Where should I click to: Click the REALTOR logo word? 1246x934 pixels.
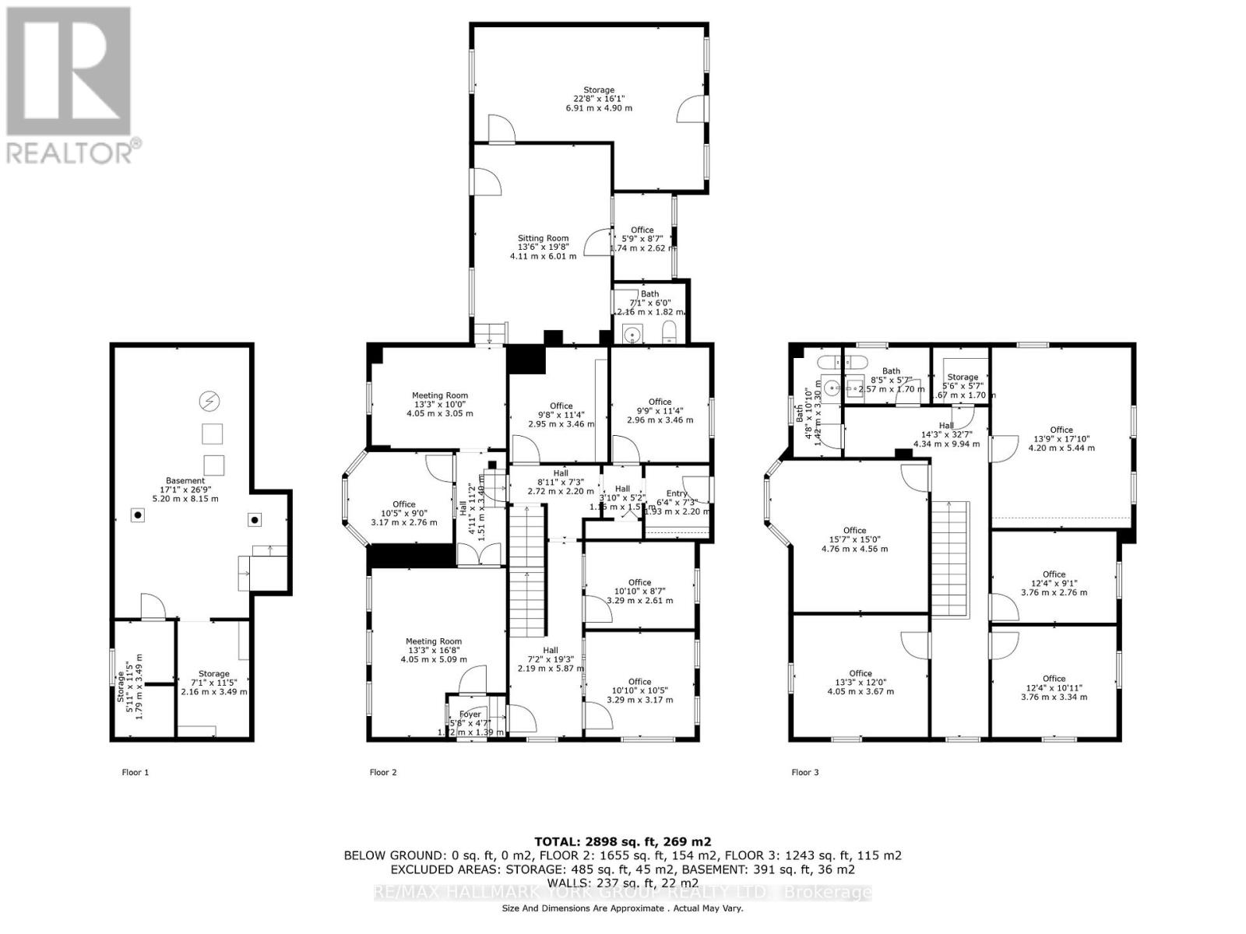[70, 152]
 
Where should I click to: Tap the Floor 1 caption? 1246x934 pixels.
[135, 772]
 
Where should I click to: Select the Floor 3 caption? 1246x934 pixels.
[804, 772]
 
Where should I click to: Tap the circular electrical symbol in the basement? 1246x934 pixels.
[209, 402]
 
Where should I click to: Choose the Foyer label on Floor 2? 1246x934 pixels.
[470, 715]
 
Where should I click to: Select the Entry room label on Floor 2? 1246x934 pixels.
[677, 493]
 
